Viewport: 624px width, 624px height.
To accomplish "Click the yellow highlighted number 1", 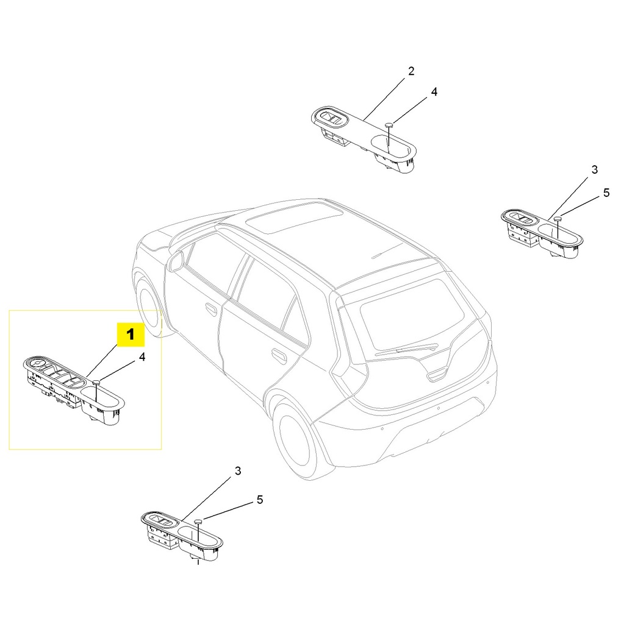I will click(x=131, y=335).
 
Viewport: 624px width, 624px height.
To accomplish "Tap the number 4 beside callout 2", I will click(x=434, y=92).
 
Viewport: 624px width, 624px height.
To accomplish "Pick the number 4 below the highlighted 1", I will click(x=142, y=358).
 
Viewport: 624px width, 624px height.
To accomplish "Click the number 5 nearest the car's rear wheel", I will click(x=259, y=500).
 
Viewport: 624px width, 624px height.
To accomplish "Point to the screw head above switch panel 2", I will click(x=388, y=125).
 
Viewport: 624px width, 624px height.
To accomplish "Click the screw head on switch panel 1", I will click(x=96, y=383).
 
